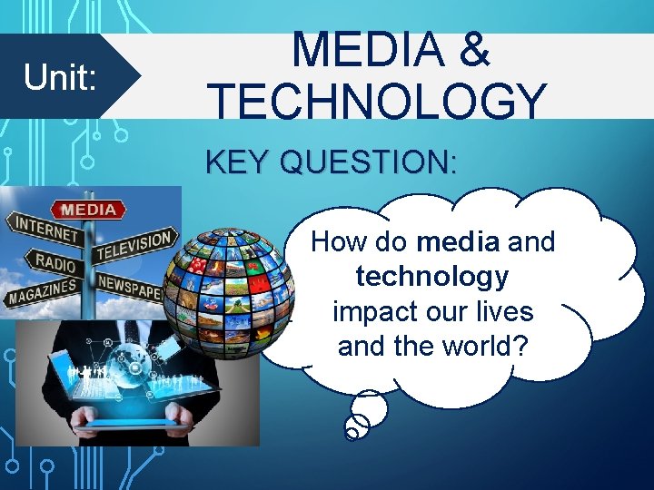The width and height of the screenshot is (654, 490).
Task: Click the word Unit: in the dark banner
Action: click(60, 78)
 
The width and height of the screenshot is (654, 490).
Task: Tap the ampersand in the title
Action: click(474, 51)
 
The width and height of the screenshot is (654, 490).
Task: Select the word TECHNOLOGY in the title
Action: click(377, 100)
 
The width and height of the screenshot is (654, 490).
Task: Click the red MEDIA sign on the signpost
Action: click(88, 210)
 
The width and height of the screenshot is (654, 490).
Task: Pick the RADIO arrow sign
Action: click(55, 262)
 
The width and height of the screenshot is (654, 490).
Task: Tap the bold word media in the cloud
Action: click(458, 242)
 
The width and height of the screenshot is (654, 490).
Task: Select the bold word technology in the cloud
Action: click(432, 276)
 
